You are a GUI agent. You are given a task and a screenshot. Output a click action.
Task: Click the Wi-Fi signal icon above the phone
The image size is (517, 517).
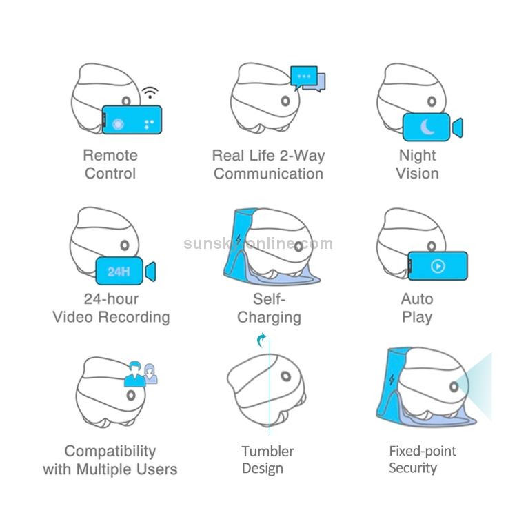click(150, 93)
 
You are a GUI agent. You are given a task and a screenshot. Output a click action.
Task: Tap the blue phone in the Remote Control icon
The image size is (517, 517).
click(132, 120)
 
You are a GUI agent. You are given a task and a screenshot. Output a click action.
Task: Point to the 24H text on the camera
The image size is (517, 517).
click(119, 271)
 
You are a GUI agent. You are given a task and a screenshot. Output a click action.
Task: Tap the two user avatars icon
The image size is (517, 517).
click(141, 374)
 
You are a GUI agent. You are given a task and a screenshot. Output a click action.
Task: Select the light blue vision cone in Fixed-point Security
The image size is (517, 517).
click(478, 386)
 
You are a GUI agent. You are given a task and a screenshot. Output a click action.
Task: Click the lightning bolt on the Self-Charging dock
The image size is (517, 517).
click(239, 241)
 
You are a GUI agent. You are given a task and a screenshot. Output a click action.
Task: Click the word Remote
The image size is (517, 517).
click(110, 155)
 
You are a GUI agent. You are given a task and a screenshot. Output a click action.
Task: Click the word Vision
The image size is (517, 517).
click(417, 173)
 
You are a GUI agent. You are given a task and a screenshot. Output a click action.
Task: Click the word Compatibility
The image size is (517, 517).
click(110, 451)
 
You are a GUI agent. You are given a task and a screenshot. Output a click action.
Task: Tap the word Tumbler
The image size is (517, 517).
click(267, 452)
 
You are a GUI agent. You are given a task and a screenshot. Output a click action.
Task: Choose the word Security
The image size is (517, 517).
click(413, 468)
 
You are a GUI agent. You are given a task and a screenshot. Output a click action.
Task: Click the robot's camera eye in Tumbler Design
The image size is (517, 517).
click(286, 377)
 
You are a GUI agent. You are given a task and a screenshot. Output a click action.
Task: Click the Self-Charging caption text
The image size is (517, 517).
click(269, 308)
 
